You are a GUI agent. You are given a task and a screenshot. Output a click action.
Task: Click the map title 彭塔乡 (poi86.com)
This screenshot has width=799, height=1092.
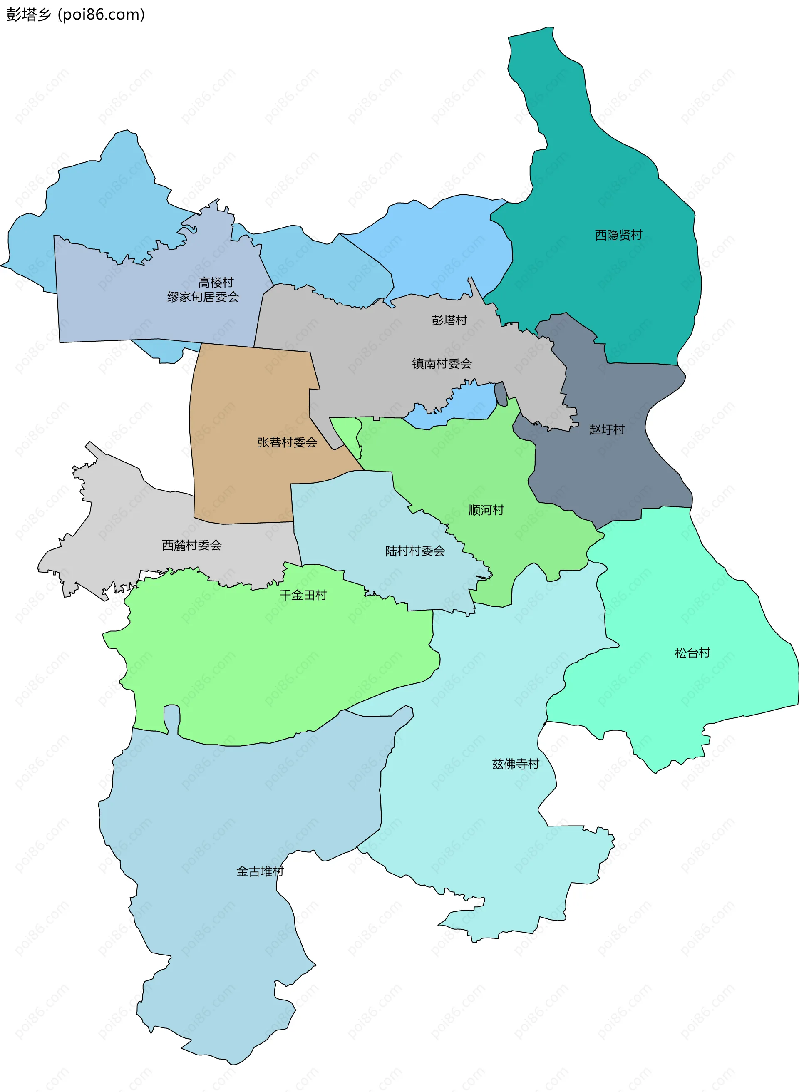75,15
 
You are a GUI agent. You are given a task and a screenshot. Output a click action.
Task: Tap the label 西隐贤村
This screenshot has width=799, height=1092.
618,235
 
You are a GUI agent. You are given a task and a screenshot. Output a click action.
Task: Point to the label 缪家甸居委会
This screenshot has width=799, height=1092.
203,297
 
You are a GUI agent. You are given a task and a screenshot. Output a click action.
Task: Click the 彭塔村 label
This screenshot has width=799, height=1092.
449,320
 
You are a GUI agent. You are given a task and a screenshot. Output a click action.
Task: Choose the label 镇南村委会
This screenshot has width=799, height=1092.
442,364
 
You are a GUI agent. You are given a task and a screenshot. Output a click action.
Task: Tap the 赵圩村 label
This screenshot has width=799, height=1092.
606,429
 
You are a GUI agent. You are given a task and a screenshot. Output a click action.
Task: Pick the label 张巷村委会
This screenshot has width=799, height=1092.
287,442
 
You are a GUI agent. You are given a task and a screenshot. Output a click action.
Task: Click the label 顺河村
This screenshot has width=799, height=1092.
486,510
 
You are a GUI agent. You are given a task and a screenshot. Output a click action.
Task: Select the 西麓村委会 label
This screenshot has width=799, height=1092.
192,546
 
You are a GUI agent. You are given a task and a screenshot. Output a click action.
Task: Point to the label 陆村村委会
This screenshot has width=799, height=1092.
415,551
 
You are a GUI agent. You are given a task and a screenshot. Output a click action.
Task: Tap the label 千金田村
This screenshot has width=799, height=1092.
303,596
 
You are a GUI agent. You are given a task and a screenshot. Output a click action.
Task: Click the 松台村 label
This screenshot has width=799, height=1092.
692,653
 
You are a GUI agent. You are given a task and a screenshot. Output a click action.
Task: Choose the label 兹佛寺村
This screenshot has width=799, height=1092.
516,764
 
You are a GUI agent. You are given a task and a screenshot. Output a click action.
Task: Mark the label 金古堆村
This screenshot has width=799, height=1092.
260,871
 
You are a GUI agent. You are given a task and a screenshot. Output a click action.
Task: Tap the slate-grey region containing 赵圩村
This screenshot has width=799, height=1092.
605,474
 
